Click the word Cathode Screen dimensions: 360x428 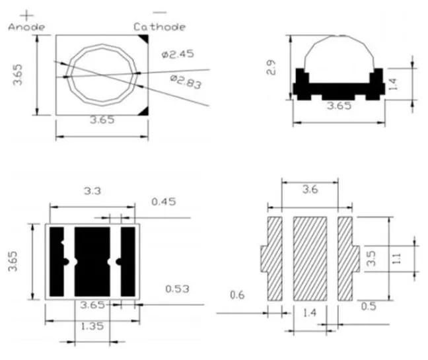tap(159, 26)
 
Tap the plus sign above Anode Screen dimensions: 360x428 tap(27, 13)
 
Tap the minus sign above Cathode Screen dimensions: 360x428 tap(159, 13)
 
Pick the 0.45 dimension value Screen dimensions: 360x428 tap(164, 201)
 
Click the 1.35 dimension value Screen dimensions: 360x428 tap(92, 325)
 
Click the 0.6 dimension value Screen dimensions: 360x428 tap(238, 295)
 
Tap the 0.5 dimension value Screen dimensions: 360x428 tap(369, 305)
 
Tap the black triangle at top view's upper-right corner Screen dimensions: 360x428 tap(143, 42)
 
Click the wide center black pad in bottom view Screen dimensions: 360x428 tap(91, 262)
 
